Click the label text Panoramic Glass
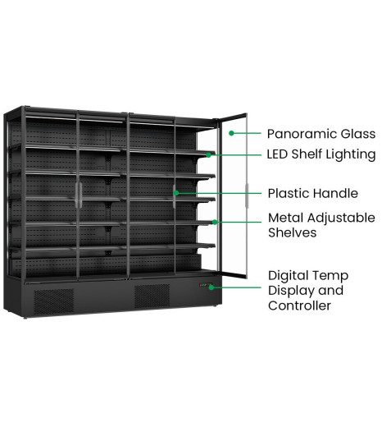[x=321, y=134]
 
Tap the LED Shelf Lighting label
[x=321, y=154]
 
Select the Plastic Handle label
[x=313, y=193]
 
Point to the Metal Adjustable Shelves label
[x=321, y=225]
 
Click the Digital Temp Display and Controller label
[x=308, y=291]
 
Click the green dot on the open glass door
[x=231, y=133]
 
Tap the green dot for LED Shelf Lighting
[x=209, y=155]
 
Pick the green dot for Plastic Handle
[x=176, y=193]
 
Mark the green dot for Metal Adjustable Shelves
[x=215, y=222]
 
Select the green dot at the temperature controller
[x=211, y=287]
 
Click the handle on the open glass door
[x=247, y=195]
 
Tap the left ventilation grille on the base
[x=53, y=301]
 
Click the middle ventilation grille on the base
[x=152, y=296]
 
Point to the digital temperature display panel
[x=205, y=285]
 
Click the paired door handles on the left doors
[x=79, y=195]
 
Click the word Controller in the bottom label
[x=299, y=306]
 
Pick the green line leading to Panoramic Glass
[x=247, y=133]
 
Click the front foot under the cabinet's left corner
[x=25, y=317]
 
